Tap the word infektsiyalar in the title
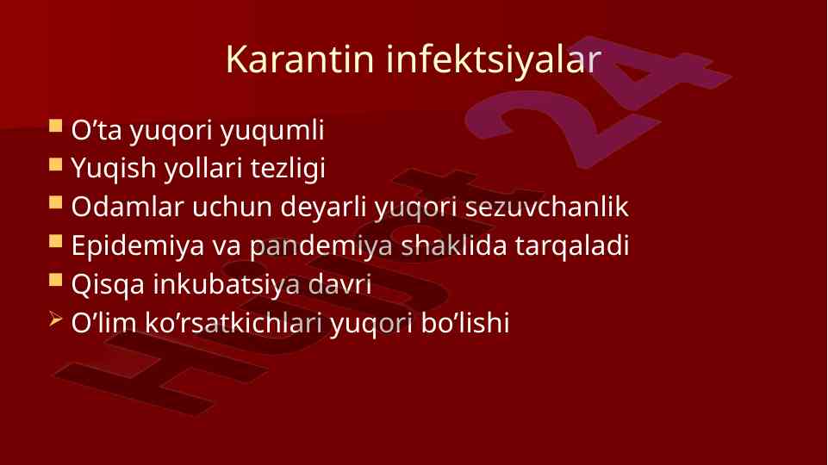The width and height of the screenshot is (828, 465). point(493,59)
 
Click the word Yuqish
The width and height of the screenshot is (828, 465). point(114,170)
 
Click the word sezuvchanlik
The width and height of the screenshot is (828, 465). point(546,207)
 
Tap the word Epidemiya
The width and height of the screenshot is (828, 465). point(138,246)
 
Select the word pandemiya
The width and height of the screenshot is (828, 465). point(321,246)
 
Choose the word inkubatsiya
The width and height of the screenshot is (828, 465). point(227,285)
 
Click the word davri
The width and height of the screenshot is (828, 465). point(339,284)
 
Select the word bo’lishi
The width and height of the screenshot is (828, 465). point(465,323)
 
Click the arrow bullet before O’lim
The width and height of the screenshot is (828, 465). point(55,319)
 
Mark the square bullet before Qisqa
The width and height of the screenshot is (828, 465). point(55,279)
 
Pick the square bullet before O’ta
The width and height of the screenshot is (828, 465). point(55,125)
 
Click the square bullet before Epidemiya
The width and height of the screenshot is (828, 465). point(55,241)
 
